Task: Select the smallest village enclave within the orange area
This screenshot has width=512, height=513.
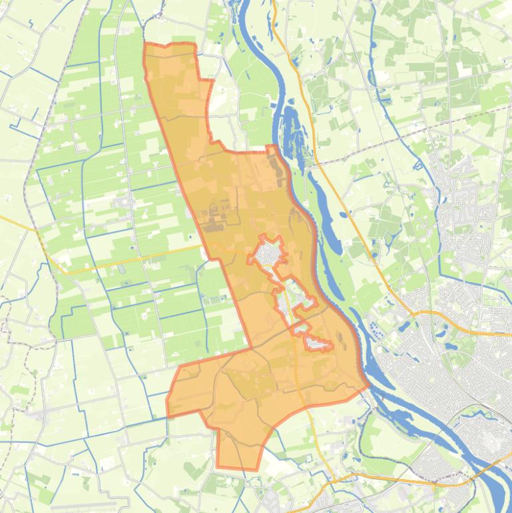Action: point(318,343)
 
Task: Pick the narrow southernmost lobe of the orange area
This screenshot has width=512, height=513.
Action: point(236,453)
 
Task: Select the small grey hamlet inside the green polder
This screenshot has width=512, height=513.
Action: point(123,202)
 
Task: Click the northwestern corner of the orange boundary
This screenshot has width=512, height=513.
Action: point(146,45)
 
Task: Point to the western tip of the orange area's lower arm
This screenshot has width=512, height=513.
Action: point(167,406)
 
